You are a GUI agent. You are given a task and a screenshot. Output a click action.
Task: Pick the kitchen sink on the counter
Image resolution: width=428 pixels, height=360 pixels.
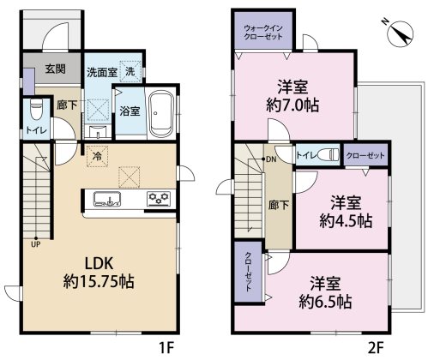pyautogui.click(x=105, y=200)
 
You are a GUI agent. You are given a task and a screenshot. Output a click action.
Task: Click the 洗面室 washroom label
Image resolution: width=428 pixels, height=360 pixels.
pyautogui.click(x=102, y=73)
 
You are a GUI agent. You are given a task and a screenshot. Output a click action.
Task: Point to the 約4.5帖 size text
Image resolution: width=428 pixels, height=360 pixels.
pyautogui.click(x=347, y=219)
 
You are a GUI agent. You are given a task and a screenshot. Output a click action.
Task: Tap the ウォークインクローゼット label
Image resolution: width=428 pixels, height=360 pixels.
pyautogui.click(x=262, y=37)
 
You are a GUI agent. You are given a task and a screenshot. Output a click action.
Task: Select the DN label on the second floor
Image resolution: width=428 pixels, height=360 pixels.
pyautogui.click(x=270, y=160)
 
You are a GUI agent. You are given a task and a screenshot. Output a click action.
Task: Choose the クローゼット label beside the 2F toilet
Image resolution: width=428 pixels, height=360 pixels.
pyautogui.click(x=365, y=156)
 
